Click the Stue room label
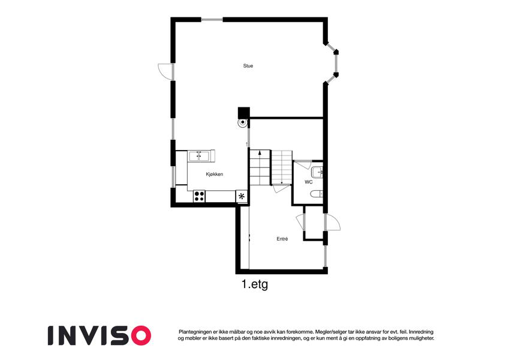(x=248, y=66)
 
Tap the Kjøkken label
(x=214, y=175)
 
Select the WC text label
(x=308, y=182)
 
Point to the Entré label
(x=282, y=239)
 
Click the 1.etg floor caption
(x=255, y=284)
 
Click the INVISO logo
(x=100, y=335)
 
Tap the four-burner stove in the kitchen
(x=199, y=196)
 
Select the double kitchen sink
(x=200, y=156)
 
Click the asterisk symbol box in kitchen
(x=242, y=196)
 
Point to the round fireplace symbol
(x=242, y=123)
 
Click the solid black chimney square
(x=244, y=112)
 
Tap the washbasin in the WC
(x=317, y=172)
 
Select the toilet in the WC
(x=317, y=194)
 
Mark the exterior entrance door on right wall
(x=332, y=222)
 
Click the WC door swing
(x=303, y=164)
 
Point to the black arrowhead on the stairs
(x=260, y=152)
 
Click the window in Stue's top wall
(x=212, y=19)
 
